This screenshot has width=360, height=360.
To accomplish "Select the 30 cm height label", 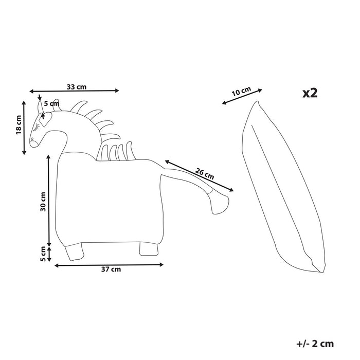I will [43, 201].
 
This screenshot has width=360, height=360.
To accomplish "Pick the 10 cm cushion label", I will [241, 92].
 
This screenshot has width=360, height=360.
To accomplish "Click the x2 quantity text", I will [310, 93].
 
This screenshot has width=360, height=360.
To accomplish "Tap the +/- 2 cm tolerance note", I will [315, 343].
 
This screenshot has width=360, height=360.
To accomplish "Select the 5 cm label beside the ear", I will [52, 104].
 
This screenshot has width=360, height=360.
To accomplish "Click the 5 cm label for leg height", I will [43, 254].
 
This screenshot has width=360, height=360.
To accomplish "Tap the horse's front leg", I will [75, 251].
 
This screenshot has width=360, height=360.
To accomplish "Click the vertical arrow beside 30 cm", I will [49, 201].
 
